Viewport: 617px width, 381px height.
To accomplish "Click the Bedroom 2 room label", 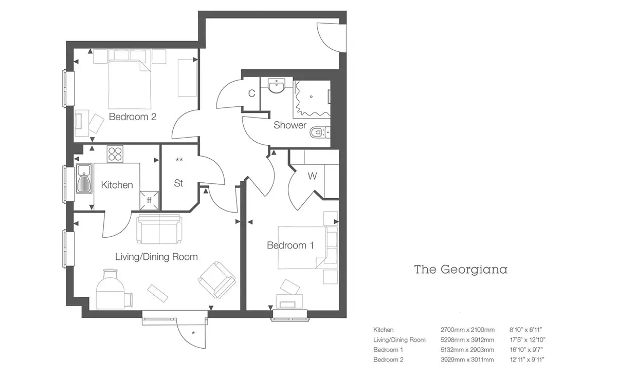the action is [x=133, y=117].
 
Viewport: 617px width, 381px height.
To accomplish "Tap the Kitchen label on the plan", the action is [x=117, y=185].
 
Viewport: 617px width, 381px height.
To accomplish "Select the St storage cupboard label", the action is [x=178, y=183].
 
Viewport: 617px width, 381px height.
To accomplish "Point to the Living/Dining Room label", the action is [x=156, y=257].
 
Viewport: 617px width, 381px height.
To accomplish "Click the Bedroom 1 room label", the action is [x=291, y=245].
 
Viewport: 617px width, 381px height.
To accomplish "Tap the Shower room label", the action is [x=290, y=125].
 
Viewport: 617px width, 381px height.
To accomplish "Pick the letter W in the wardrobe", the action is [x=312, y=176].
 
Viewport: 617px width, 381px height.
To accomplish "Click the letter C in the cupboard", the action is [x=251, y=93].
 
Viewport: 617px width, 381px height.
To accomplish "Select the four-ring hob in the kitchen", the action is [x=115, y=154].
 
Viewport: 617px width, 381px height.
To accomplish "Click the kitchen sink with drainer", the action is [x=84, y=178].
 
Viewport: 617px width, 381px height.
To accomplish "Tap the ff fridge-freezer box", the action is [x=149, y=201].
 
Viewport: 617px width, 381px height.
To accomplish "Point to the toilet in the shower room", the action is [x=320, y=132].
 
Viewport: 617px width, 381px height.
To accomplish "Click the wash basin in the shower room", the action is [x=277, y=85].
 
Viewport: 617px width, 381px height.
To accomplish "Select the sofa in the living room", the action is [x=159, y=230].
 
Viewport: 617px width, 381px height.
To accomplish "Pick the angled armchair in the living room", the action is [x=217, y=279].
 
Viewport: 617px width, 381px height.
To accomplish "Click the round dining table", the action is [x=110, y=289].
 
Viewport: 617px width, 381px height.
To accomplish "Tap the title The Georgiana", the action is [x=461, y=270].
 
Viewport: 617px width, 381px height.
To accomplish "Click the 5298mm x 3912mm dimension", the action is [x=467, y=340].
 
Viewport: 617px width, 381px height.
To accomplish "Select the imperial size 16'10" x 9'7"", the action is [x=526, y=350].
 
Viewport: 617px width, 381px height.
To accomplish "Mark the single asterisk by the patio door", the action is [x=193, y=333].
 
